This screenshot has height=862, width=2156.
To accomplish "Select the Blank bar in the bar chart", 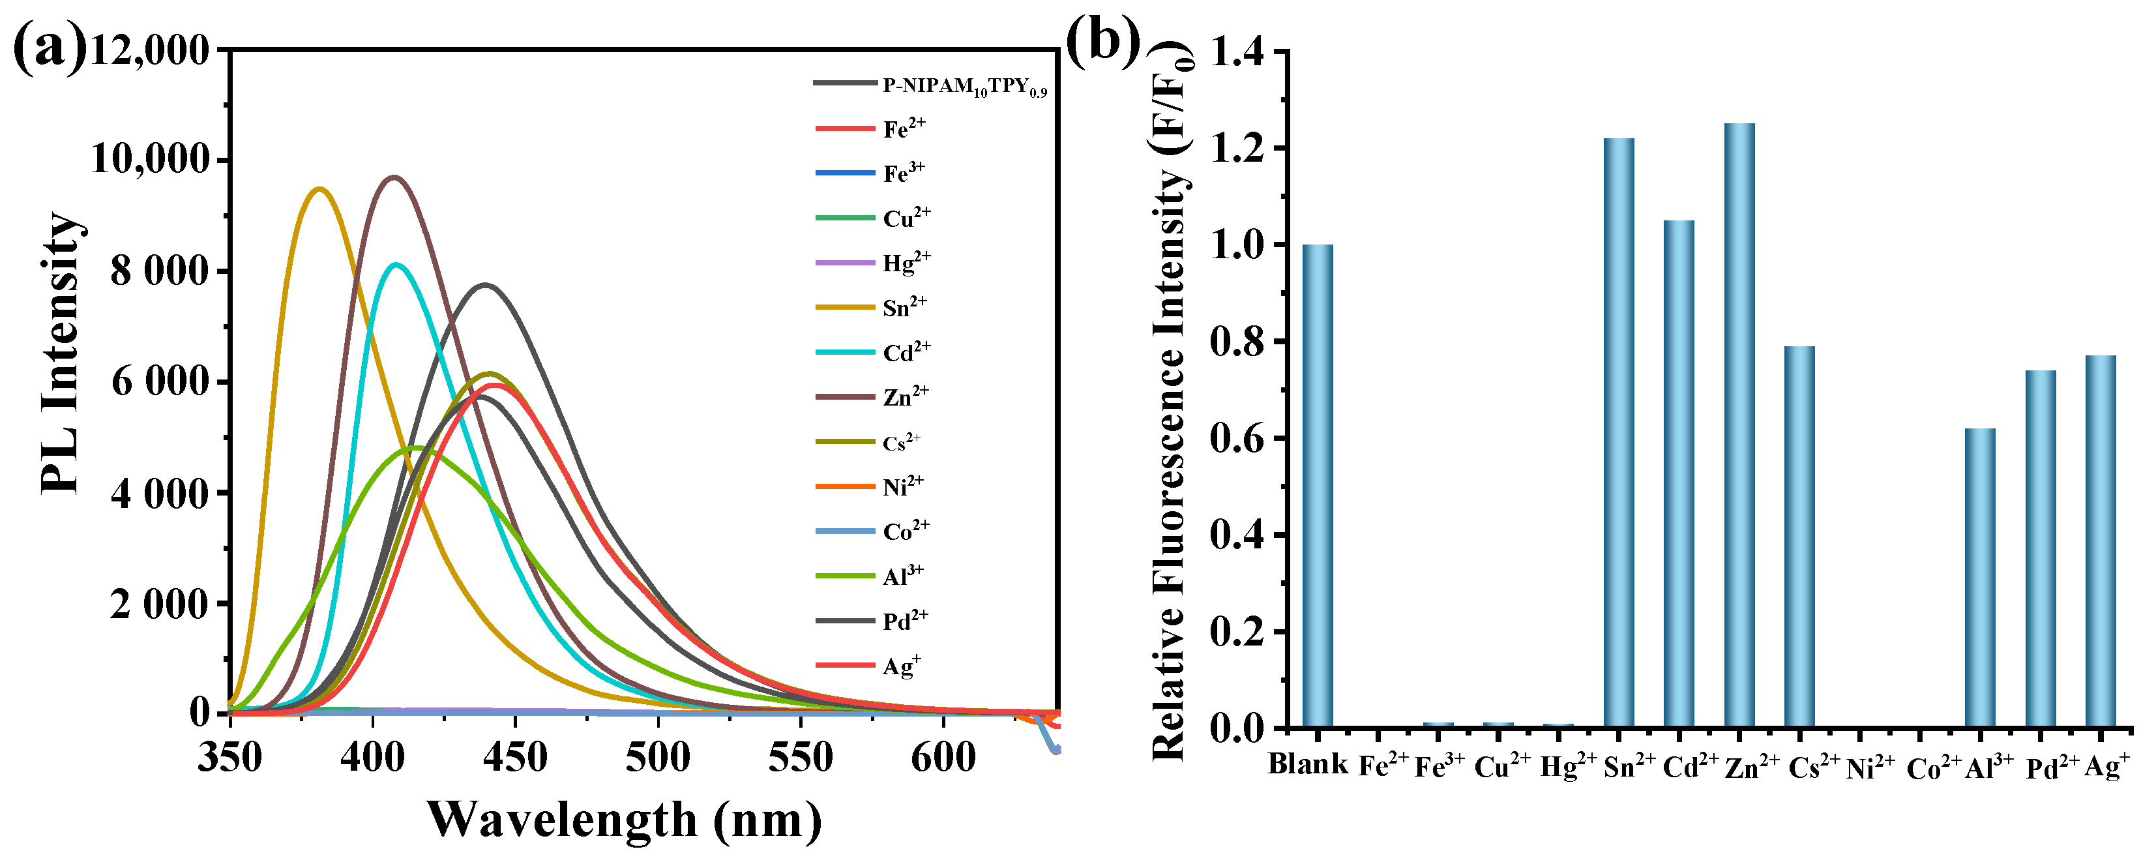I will (x=1318, y=485).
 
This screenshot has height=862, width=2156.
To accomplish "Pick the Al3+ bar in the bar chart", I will (x=1980, y=578).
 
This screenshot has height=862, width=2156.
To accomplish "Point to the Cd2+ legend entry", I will (x=906, y=352).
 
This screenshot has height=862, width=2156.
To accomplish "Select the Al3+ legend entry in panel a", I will (x=903, y=576).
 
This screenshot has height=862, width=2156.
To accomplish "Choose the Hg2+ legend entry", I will (x=906, y=263).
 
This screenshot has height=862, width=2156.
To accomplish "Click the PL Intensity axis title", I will (x=62, y=351).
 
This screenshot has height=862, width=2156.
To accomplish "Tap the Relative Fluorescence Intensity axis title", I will (x=1170, y=402).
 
